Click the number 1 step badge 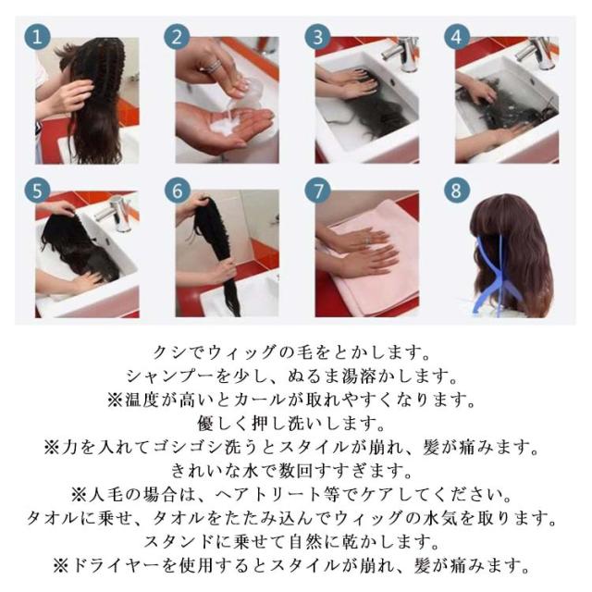[37, 37]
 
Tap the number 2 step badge [177, 37]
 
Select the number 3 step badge [317, 37]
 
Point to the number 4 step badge [457, 37]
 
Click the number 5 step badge [37, 191]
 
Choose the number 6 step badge [178, 191]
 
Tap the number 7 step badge [317, 191]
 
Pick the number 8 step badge [457, 190]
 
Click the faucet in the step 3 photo [402, 53]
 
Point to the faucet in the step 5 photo [117, 214]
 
